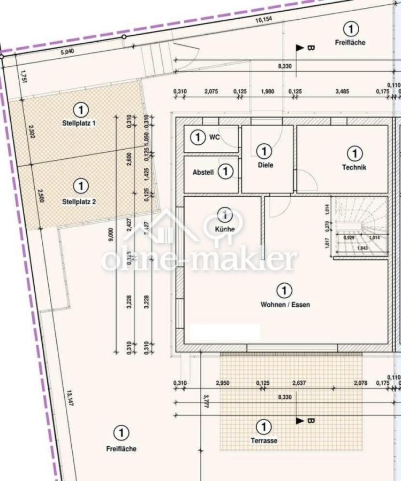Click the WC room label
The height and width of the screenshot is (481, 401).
[214, 137]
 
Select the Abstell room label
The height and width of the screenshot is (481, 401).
[203, 172]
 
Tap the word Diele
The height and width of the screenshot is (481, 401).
[265, 165]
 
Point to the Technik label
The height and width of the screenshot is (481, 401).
[354, 167]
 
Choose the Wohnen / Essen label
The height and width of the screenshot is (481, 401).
[285, 305]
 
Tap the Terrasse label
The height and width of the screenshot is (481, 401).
[264, 441]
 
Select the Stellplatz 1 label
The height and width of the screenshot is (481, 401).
[79, 123]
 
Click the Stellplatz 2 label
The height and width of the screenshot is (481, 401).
[79, 201]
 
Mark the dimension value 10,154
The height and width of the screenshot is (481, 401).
[263, 20]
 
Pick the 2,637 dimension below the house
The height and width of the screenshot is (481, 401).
[299, 383]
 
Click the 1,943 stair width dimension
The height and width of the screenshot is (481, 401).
[362, 249]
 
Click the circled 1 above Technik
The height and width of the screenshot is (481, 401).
[354, 154]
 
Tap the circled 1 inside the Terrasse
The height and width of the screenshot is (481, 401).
[263, 427]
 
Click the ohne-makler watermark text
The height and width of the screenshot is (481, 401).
[199, 260]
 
